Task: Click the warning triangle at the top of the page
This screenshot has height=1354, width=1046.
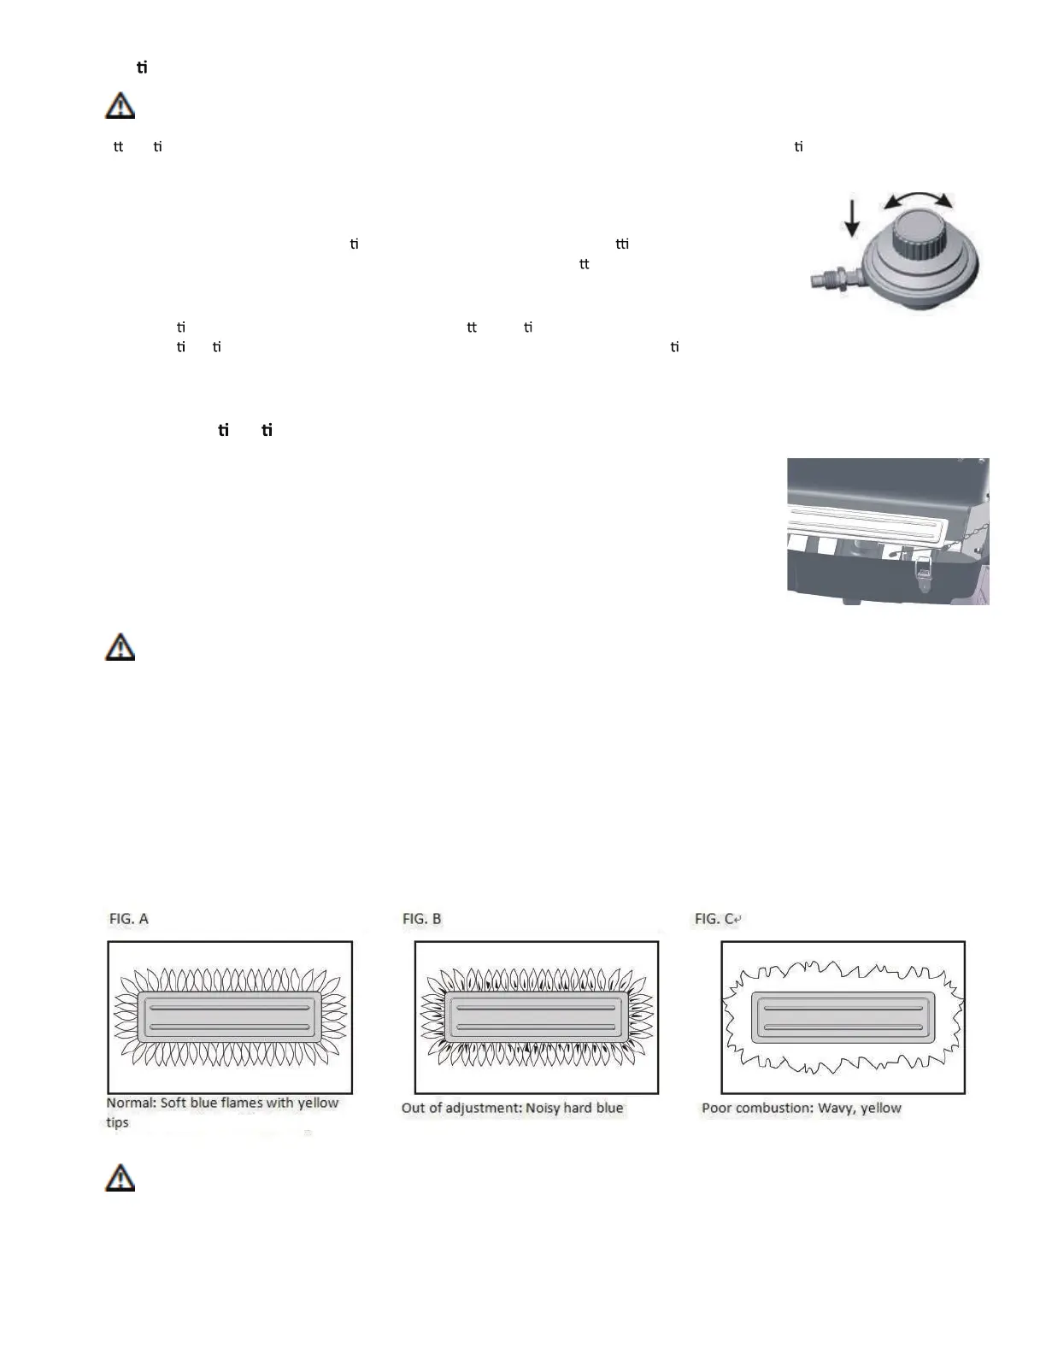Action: (120, 106)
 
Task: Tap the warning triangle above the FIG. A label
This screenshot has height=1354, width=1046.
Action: (120, 647)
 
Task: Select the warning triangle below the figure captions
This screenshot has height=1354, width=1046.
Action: (120, 1178)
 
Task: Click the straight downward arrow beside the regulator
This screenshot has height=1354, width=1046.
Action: (852, 217)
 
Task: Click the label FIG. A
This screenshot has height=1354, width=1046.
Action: (128, 919)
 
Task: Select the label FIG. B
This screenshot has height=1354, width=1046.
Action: (422, 919)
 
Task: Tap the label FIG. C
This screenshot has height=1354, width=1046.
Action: (714, 919)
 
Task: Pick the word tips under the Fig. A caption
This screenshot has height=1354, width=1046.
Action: (117, 1122)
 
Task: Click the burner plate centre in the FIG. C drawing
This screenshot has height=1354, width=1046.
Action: (843, 1017)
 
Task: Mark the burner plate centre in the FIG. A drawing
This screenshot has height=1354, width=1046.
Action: (229, 1017)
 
